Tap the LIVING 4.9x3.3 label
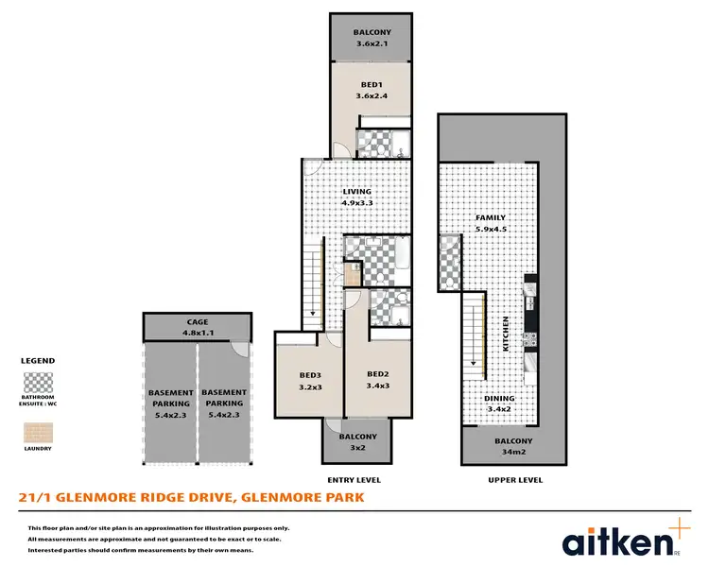click(357, 197)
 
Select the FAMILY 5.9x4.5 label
click(491, 222)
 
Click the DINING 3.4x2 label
click(500, 404)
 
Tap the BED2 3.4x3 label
click(378, 378)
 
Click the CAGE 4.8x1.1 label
click(198, 327)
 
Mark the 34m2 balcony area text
click(513, 451)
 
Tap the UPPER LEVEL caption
click(514, 480)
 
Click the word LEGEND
click(38, 361)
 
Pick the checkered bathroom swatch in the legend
click(39, 384)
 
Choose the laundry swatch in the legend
click(39, 431)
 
